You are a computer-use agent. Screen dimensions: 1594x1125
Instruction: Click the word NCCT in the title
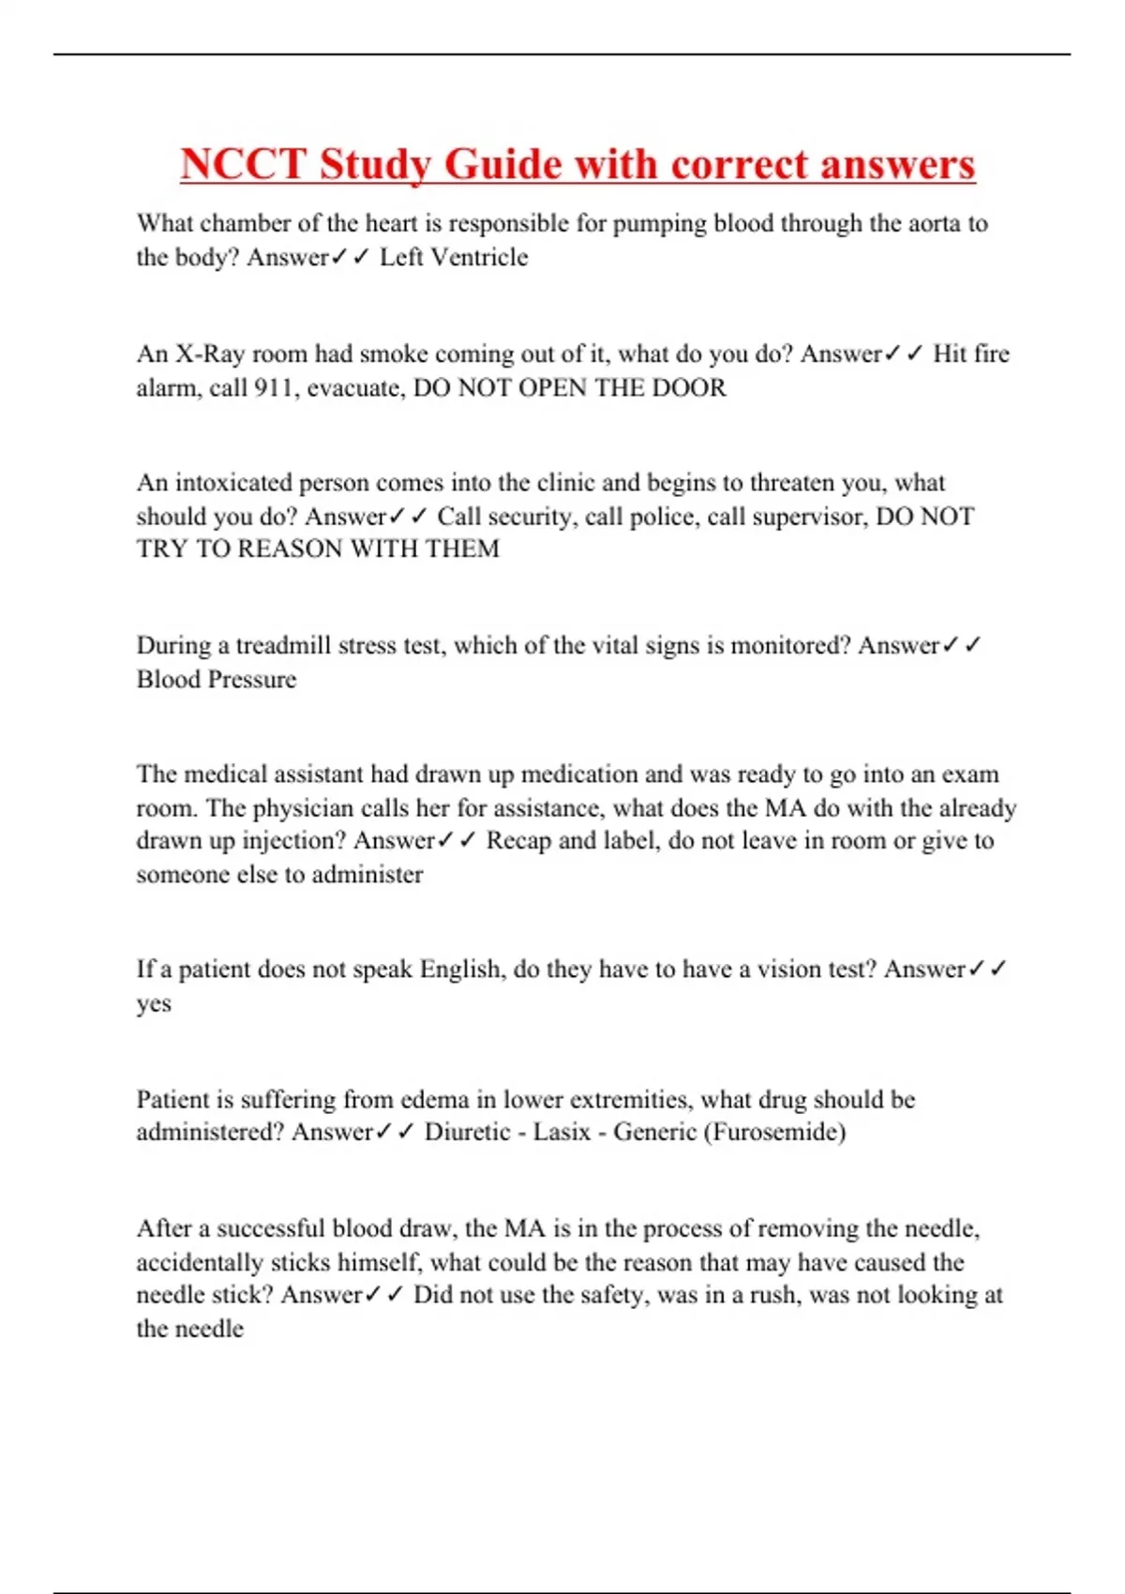pyautogui.click(x=243, y=164)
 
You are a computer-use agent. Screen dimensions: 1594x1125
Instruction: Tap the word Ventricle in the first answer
pyautogui.click(x=478, y=257)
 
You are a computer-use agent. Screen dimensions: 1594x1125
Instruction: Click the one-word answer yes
pyautogui.click(x=154, y=1003)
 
